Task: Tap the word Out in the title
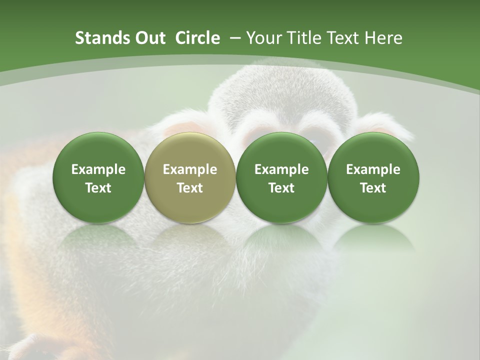point(148,38)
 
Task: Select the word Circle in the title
point(197,38)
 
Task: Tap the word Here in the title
point(383,38)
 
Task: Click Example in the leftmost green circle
point(98,169)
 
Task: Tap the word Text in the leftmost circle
point(98,188)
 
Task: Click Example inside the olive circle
point(190,169)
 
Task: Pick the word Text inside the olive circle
point(190,188)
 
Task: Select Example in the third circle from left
point(281,169)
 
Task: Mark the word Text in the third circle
point(281,188)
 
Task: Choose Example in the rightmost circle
point(373,169)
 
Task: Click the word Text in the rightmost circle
point(373,188)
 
